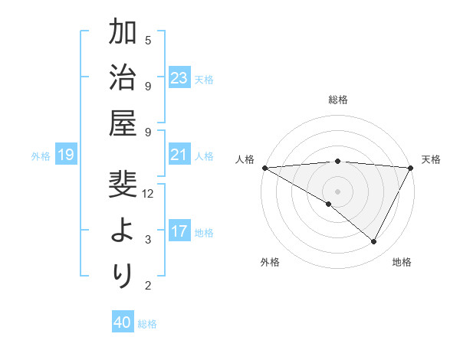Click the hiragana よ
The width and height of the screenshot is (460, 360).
tap(123, 231)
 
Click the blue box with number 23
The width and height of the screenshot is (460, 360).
tap(179, 77)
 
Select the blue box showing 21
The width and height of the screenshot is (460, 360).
tap(179, 155)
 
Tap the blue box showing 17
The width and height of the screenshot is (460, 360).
tap(179, 231)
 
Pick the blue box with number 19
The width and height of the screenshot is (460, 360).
tap(65, 155)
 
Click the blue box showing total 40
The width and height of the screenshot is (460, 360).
tap(122, 322)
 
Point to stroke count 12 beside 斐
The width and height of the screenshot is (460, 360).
tap(148, 194)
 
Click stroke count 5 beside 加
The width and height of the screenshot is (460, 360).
tap(148, 40)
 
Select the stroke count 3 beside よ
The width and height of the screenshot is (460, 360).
tap(148, 240)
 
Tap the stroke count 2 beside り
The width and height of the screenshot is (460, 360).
tap(148, 286)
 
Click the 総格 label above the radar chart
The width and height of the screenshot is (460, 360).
tap(337, 100)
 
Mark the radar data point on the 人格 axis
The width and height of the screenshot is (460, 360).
tap(264, 168)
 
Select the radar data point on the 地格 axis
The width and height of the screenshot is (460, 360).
tap(374, 242)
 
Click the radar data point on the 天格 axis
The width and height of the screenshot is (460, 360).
tap(411, 168)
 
